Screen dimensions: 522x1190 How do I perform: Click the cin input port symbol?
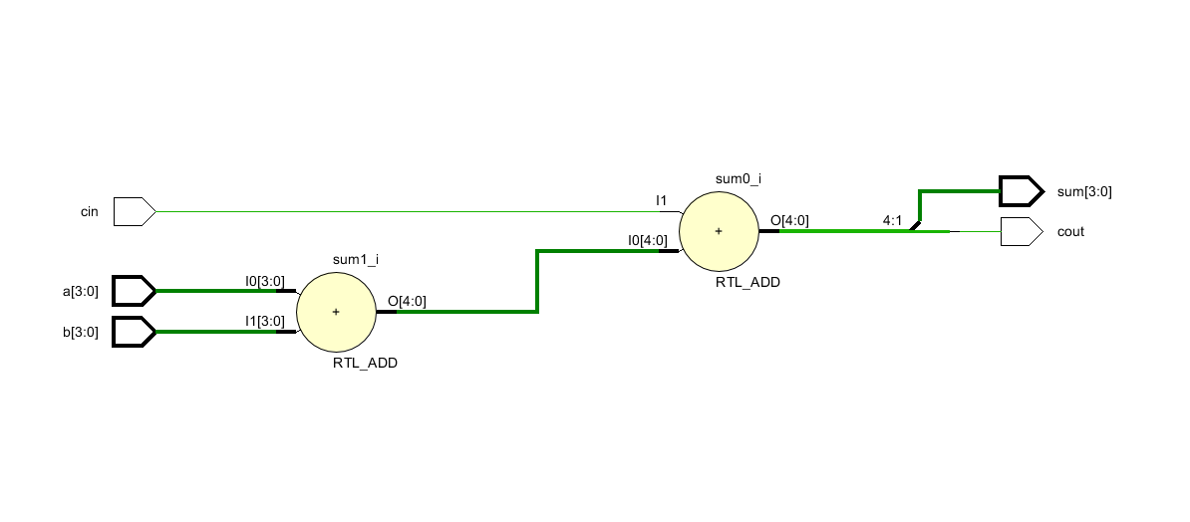coord(134,211)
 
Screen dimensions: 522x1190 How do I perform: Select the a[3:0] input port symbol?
coord(134,291)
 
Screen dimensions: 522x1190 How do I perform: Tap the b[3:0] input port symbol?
coord(134,332)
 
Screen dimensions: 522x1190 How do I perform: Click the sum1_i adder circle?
coord(336,312)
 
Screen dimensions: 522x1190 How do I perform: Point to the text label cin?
coord(90,212)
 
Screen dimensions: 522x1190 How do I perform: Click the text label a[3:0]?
coord(80,292)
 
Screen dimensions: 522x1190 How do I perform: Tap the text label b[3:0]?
coord(80,333)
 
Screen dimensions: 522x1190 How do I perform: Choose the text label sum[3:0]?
coord(1084,191)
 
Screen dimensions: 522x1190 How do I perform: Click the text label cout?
coord(1070,232)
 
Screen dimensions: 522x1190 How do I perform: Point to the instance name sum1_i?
coord(355,259)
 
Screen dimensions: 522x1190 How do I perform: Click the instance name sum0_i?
coord(739,178)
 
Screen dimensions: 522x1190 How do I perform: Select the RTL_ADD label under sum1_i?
coord(365,364)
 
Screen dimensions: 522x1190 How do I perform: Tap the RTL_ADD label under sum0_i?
coord(747,283)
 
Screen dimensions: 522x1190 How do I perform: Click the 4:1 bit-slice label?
coord(892,220)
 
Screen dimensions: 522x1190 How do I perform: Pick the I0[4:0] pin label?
coord(647,240)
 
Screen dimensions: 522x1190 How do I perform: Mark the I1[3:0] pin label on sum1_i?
coord(265,321)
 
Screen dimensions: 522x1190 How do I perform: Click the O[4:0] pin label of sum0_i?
coord(790,220)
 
